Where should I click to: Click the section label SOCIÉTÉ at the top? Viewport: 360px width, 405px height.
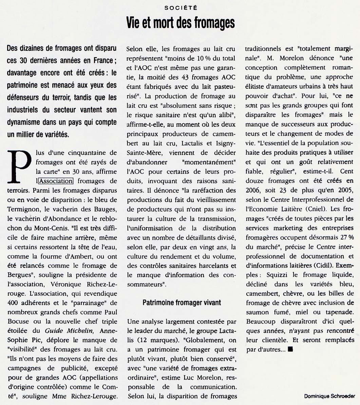coord(180,7)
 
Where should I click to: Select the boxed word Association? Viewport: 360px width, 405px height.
coord(56,181)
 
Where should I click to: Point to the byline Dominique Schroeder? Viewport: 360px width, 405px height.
coord(329,396)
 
